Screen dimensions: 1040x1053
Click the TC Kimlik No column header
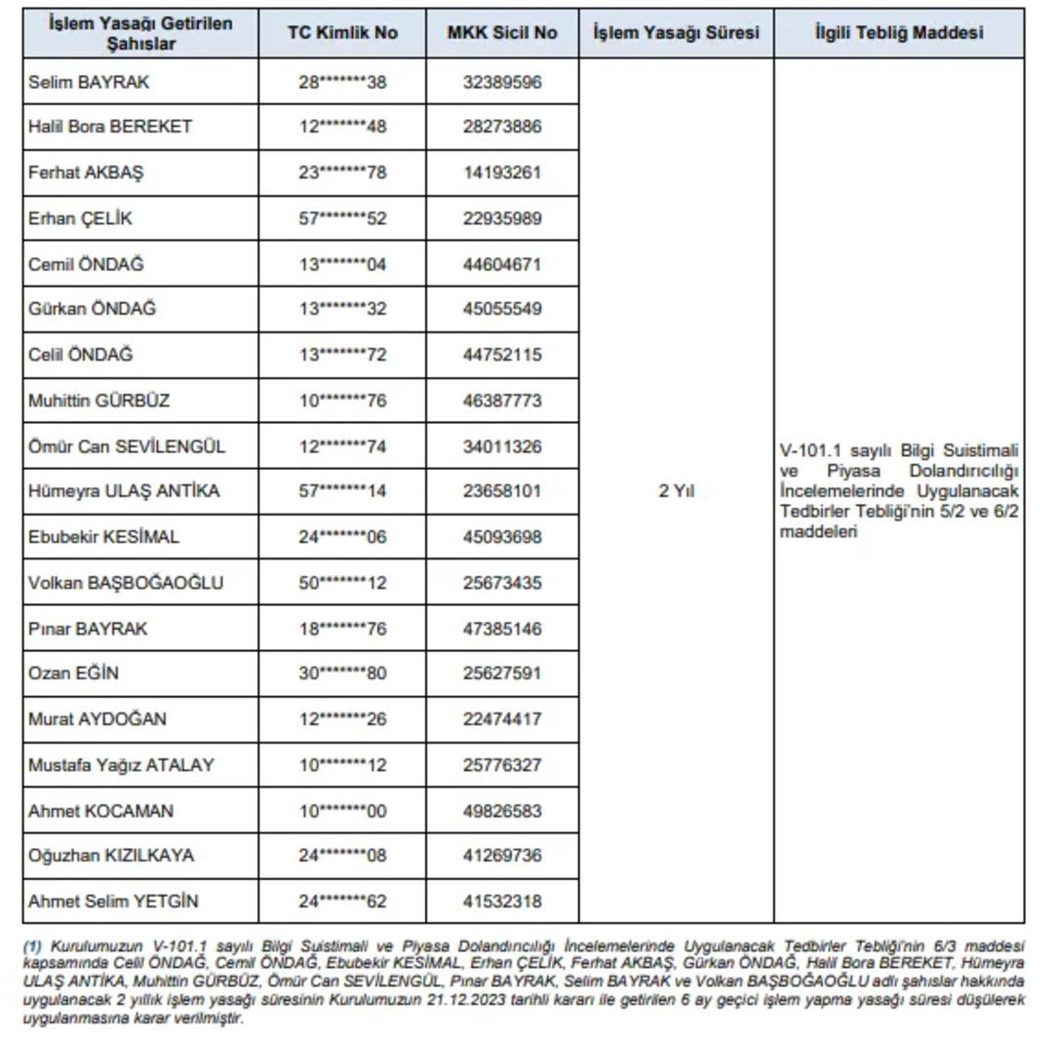[x=342, y=32]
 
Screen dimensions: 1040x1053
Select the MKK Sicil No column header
[x=502, y=32]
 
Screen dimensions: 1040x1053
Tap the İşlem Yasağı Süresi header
[x=676, y=32]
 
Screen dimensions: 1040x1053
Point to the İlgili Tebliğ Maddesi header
[x=899, y=32]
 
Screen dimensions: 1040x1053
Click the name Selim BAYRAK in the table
[x=89, y=82]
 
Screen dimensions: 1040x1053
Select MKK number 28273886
[x=502, y=126]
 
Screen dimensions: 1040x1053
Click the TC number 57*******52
[x=342, y=218]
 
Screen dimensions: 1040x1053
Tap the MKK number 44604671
[x=502, y=264]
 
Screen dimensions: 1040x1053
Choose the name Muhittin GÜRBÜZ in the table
[x=99, y=400]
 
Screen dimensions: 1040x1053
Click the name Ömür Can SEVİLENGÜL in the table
[x=127, y=446]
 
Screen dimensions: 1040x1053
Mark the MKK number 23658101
[x=502, y=490]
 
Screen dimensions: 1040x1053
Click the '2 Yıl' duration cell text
[x=676, y=491]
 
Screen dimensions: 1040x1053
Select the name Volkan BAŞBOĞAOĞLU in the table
[x=126, y=583]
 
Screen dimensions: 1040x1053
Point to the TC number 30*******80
[x=342, y=673]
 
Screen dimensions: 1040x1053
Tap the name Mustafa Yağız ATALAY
[x=121, y=764]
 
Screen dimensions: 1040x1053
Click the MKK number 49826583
[x=502, y=811]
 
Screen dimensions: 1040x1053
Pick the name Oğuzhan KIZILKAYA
[x=111, y=855]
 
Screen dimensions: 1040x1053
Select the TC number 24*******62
[x=342, y=902]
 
